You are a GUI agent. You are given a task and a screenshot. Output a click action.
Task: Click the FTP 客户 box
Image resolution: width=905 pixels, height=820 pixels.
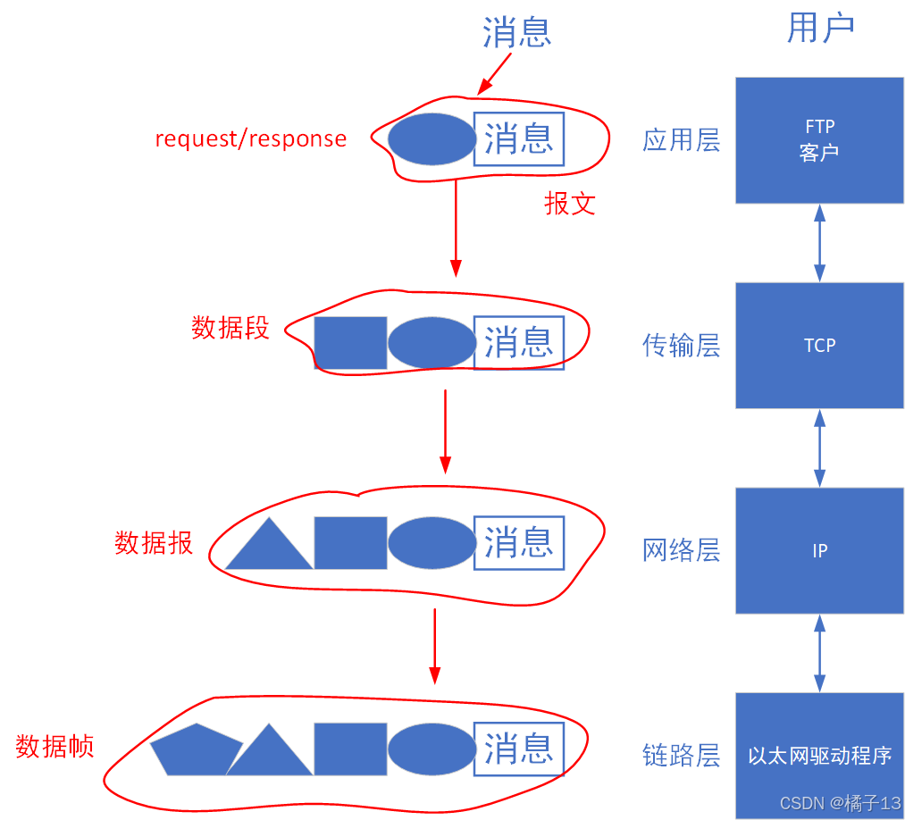[819, 140]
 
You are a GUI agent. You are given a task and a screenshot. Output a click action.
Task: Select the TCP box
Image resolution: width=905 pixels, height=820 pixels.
[819, 346]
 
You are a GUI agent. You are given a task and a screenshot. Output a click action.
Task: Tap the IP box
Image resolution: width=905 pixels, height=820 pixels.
[819, 550]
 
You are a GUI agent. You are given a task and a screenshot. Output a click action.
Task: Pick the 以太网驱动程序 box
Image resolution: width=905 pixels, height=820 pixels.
[819, 755]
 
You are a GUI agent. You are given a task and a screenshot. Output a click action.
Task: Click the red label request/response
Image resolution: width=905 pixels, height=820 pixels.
[251, 138]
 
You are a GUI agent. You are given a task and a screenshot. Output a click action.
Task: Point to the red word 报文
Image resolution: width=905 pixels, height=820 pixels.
[570, 204]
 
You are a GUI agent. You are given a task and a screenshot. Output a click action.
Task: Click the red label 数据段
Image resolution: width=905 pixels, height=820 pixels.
[230, 328]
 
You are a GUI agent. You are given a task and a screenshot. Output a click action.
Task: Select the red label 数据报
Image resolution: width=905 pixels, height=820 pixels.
[154, 542]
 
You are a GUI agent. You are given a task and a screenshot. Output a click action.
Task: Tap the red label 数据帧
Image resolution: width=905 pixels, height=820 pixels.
[54, 746]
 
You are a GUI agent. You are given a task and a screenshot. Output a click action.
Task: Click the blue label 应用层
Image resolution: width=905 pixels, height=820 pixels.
[681, 140]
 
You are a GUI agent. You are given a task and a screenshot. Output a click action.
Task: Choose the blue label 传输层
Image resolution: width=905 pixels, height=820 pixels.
[681, 346]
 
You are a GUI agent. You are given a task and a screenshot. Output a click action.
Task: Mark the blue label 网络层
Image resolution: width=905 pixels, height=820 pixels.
[681, 550]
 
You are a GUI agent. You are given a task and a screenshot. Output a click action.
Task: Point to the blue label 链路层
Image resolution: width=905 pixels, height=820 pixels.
[681, 756]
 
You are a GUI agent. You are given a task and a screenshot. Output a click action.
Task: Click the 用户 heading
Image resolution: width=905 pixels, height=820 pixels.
[820, 29]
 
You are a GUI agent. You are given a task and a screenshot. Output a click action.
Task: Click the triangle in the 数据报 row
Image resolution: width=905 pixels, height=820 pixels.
[269, 547]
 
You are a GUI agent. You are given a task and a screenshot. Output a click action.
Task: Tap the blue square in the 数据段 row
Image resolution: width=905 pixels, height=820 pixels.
[350, 343]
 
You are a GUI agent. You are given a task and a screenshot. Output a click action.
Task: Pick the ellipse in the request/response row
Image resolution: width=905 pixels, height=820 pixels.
[432, 139]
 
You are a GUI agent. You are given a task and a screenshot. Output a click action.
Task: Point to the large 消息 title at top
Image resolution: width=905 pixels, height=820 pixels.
[517, 32]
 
